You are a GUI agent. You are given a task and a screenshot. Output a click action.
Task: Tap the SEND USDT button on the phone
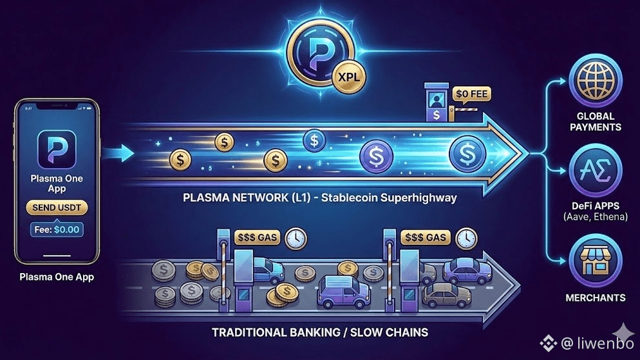[x=56, y=207]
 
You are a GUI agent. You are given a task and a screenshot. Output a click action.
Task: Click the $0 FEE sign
[x=472, y=95]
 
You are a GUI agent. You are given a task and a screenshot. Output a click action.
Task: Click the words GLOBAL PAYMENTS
[x=596, y=121]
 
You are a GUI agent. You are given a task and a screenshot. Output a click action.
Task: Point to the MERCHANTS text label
[x=596, y=298]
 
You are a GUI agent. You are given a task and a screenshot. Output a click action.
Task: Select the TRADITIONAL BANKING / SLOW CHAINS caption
[x=320, y=333]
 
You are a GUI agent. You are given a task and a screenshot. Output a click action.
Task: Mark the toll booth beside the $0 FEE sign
[x=437, y=103]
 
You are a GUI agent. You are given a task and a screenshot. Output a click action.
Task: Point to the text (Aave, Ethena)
[x=595, y=216]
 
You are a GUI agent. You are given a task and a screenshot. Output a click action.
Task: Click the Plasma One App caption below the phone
[x=56, y=278]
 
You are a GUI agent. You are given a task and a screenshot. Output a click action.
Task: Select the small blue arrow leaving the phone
[x=122, y=153]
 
